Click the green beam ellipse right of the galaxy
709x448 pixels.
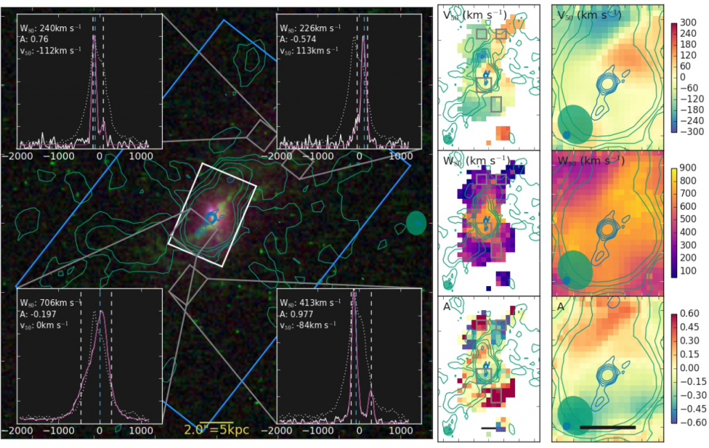click(x=415, y=223)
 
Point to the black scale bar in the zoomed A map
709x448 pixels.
click(x=607, y=427)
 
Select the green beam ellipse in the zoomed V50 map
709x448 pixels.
click(x=575, y=123)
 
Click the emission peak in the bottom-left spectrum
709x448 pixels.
click(x=101, y=312)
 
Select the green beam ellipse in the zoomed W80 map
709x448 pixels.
click(x=575, y=269)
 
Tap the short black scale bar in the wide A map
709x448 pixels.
click(x=489, y=428)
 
